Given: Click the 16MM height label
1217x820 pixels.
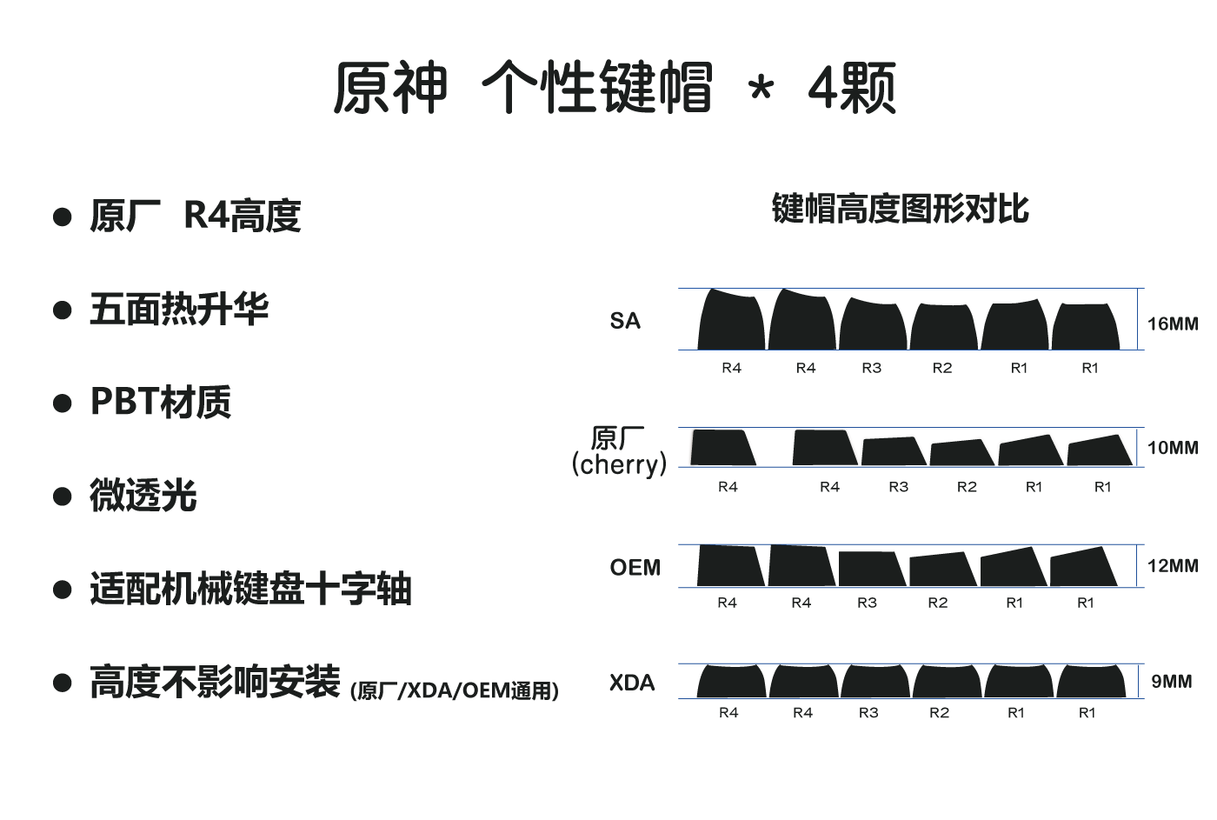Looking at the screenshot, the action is coord(1173,323).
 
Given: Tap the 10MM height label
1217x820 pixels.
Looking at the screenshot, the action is coord(1173,448).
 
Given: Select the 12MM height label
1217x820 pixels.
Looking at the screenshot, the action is coord(1173,566).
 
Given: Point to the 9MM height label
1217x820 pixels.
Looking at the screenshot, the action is coord(1172,681).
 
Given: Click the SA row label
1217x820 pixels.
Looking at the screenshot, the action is coord(625,321).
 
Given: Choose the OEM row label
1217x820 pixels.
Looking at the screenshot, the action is coord(635,567).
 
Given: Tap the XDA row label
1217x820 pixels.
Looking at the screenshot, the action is coord(632,683).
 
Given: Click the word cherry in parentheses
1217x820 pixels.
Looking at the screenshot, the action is coord(619,464).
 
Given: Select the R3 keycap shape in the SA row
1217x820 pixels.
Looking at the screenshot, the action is coord(873,324).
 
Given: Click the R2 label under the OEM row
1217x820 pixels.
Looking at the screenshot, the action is coord(938,603).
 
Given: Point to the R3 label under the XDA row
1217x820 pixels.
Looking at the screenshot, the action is coord(868,712).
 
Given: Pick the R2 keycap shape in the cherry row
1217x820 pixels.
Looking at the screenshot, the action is coord(962,453).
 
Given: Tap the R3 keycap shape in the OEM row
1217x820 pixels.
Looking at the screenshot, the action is coord(872,569).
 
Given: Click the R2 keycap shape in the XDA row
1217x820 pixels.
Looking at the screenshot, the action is coord(947,682).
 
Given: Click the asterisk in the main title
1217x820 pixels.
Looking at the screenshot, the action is coord(761,90).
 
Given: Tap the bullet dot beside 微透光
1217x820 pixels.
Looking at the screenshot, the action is coord(63,497).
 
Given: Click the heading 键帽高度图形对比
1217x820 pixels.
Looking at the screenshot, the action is coord(901,209).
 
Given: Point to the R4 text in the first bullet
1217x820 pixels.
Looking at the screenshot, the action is coord(207,215).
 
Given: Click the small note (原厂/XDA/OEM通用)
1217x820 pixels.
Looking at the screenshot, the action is coord(455,690).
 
